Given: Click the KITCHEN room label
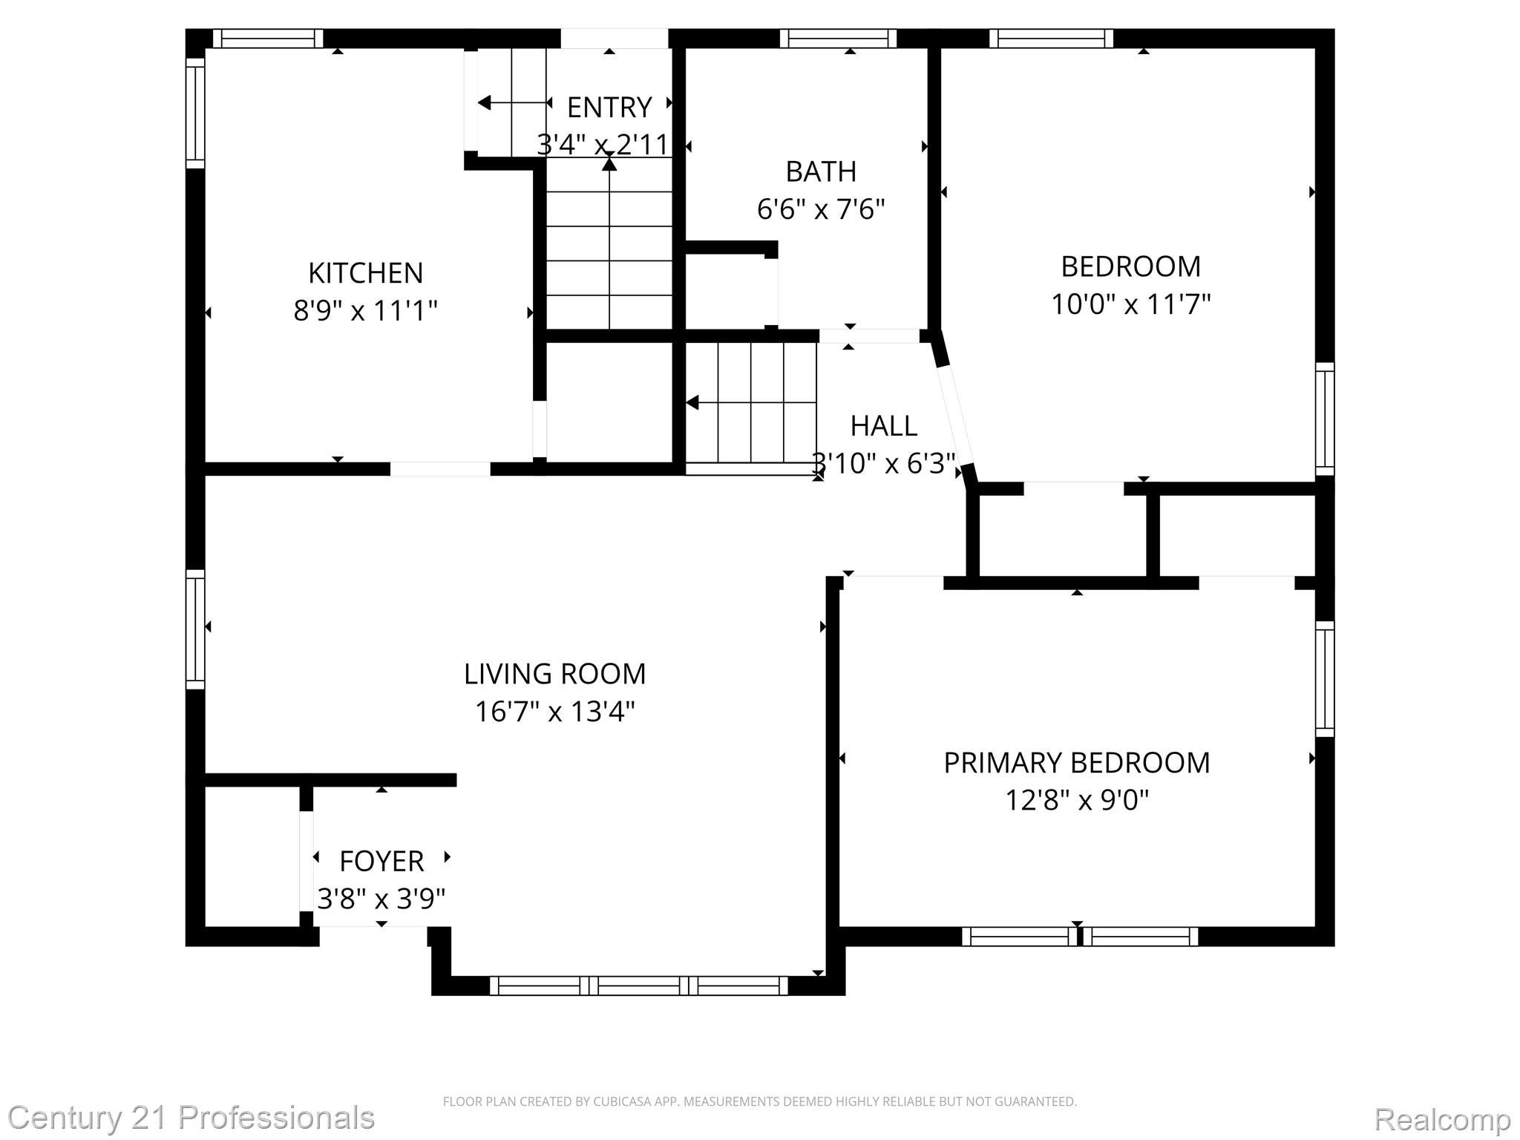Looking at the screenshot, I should (365, 272).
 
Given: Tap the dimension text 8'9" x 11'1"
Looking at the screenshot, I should (365, 310).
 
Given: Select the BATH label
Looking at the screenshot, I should (821, 171).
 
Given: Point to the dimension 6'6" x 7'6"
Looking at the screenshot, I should (821, 209).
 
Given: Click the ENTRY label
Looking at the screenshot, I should (609, 108).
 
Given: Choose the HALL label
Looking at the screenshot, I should (883, 426).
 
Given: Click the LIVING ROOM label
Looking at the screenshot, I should (554, 674).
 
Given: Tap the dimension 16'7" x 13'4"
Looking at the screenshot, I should (554, 712).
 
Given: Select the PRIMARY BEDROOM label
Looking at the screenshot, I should (1076, 763).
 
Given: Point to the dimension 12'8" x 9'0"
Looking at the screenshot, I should (1076, 801).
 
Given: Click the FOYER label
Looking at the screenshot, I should (381, 862).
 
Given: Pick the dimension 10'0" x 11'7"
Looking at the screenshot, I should (1130, 304).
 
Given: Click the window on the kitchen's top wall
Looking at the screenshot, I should (268, 39).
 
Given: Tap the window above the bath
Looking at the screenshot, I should (838, 39).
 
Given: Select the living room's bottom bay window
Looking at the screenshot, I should (638, 986).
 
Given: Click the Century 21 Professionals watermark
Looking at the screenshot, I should (191, 1118).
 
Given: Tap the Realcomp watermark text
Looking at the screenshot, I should (1442, 1118).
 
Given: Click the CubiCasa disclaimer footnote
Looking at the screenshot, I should (759, 1101).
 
